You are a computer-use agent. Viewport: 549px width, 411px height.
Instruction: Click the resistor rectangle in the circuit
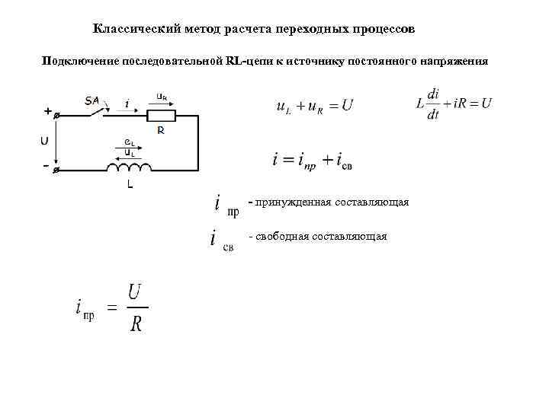tap(161, 116)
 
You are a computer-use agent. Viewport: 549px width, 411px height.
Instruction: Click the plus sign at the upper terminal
tap(47, 111)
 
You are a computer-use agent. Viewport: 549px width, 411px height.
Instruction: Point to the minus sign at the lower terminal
tap(47, 165)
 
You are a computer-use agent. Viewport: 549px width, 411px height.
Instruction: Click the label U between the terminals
tap(45, 141)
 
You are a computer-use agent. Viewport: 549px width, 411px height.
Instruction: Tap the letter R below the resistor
tap(161, 131)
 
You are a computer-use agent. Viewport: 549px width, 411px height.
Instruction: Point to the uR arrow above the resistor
tap(162, 98)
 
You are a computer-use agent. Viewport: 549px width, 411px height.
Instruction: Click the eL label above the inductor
tap(130, 144)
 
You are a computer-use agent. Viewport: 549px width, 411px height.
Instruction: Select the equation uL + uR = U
tap(314, 107)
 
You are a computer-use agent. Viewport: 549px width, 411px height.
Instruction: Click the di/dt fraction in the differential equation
tap(433, 104)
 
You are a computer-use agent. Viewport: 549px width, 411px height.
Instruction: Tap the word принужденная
tap(297, 202)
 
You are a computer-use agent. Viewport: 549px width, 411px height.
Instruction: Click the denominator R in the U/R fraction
tap(136, 324)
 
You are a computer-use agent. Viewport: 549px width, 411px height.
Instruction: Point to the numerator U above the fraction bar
tap(135, 292)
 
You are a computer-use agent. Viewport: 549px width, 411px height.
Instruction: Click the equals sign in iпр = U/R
tap(110, 308)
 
